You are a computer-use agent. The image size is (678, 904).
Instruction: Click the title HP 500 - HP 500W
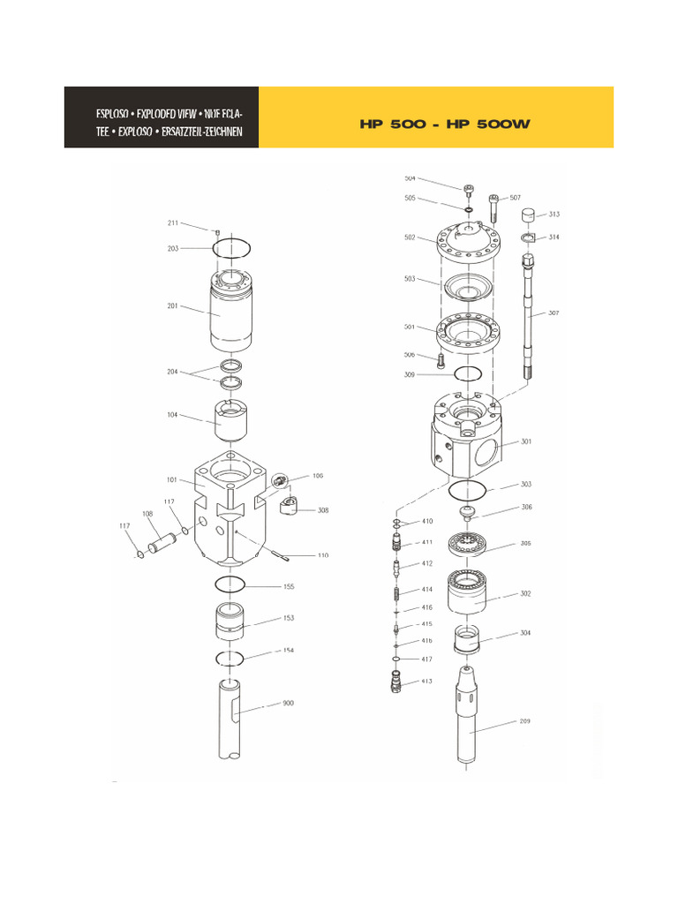[444, 124]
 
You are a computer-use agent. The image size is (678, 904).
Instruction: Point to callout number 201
[172, 306]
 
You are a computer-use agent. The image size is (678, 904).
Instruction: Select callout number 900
[288, 704]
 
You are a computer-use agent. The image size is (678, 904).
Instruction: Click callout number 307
[553, 313]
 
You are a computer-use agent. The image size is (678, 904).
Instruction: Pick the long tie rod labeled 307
[531, 318]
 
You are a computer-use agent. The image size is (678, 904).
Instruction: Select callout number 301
[526, 441]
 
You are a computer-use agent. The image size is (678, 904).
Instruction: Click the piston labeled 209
[471, 719]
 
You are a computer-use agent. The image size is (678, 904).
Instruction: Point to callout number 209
[524, 721]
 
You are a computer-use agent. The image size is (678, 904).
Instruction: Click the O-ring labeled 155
[230, 584]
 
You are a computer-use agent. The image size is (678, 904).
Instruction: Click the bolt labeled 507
[494, 208]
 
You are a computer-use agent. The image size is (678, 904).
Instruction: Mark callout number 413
[426, 681]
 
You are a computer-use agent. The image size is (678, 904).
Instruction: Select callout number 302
[525, 594]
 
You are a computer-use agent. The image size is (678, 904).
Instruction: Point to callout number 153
[288, 619]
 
